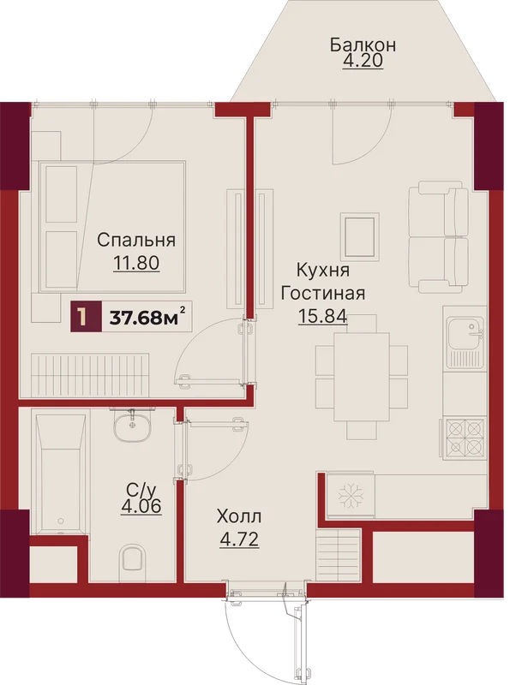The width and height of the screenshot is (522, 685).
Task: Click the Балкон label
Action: [x=363, y=45]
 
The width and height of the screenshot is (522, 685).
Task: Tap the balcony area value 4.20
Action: [x=363, y=61]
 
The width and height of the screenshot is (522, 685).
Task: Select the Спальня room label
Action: [x=136, y=240]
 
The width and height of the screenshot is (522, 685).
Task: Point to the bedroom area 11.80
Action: [x=136, y=264]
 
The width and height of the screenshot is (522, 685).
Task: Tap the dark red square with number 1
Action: [x=86, y=316]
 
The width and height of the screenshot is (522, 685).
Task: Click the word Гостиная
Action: [x=322, y=293]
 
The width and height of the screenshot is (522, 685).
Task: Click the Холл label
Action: [x=238, y=517]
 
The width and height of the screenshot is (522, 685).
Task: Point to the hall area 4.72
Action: [x=238, y=539]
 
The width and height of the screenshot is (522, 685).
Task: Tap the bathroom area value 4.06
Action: [x=141, y=507]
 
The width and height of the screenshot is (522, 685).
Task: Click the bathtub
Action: [x=61, y=474]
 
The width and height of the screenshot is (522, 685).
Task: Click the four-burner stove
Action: [x=465, y=438]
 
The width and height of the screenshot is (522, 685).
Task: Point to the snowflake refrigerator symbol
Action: [x=351, y=497]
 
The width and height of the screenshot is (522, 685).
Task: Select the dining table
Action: [x=362, y=378]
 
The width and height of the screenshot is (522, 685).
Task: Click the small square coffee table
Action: [x=361, y=236]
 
